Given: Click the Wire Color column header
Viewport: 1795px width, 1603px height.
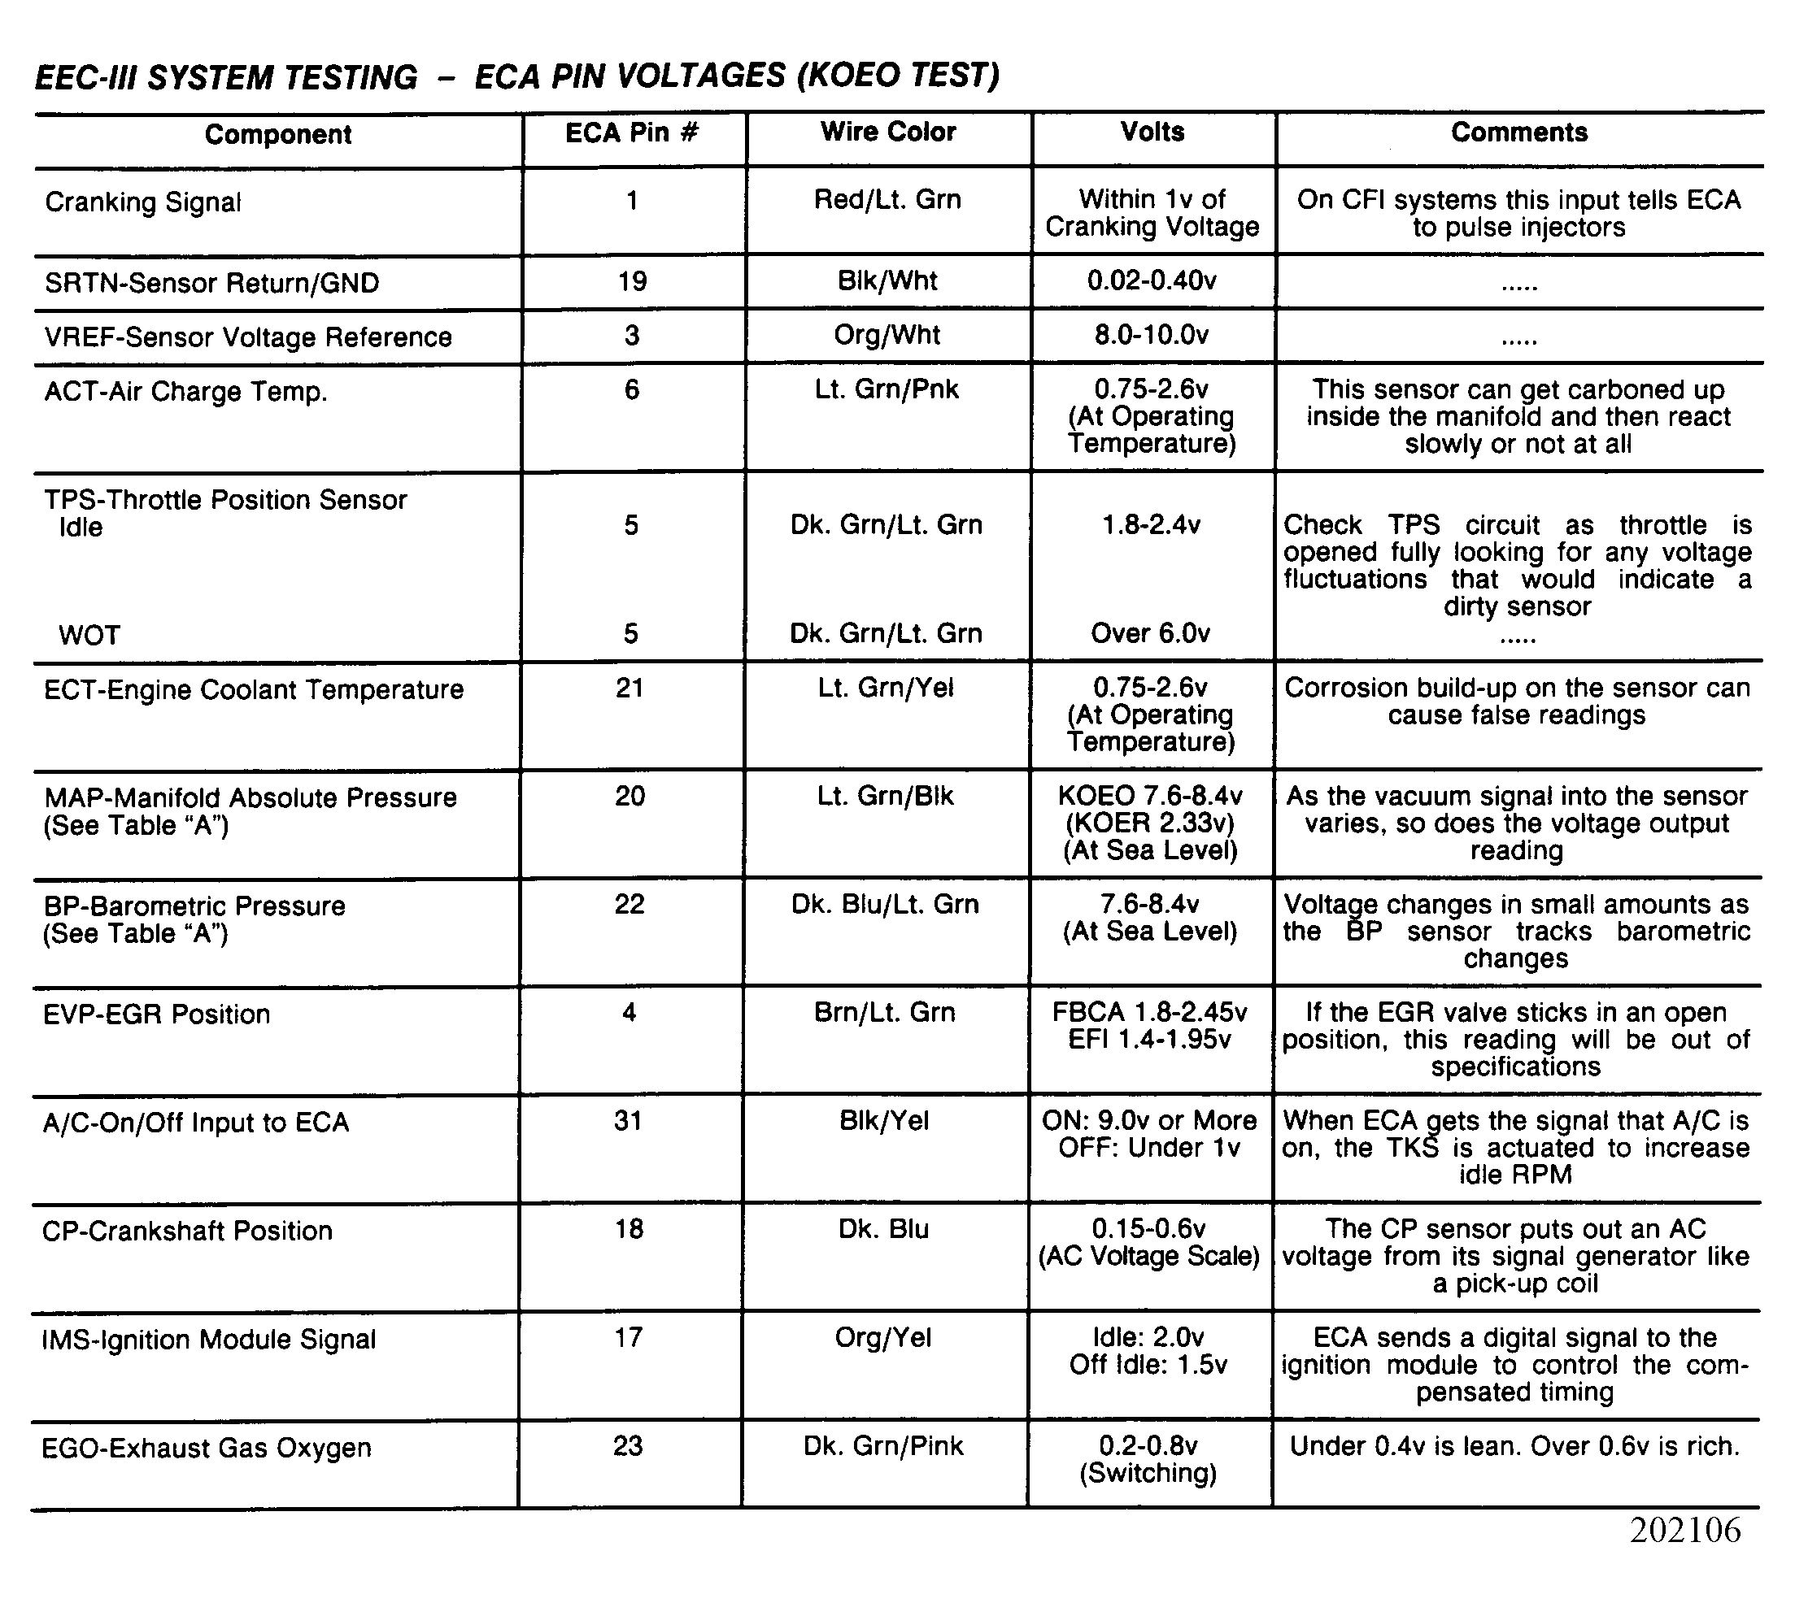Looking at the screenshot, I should coord(888,132).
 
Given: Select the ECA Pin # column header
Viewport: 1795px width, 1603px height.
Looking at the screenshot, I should coord(632,133).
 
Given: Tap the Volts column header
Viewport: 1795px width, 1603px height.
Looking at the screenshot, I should coord(1152,132).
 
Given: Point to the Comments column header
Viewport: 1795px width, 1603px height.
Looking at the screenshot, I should coord(1519,132).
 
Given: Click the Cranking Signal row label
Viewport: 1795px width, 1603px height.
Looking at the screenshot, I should coord(143,202).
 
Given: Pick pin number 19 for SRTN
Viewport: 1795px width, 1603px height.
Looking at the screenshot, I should coord(633,282).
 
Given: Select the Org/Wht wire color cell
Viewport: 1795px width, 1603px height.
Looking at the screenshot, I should coord(887,336).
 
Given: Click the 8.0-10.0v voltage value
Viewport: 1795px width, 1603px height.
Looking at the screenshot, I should coord(1152,336).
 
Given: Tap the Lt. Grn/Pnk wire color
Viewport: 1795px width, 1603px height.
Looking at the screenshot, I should coord(887,389).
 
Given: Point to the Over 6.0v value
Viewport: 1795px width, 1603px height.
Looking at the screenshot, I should coord(1151,633).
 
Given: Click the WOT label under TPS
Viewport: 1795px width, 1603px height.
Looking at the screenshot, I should coord(89,635).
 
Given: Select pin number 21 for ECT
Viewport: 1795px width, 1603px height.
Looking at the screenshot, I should coord(630,688).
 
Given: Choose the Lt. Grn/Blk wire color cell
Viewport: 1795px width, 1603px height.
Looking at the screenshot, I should coord(886,796).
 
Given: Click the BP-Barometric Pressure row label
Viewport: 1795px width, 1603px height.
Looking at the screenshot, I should coord(194,906).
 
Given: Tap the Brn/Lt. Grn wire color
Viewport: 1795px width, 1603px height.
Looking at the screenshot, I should coord(885,1013).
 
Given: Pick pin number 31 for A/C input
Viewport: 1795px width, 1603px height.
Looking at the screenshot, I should coord(629,1121).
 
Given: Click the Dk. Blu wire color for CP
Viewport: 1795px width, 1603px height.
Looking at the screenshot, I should coord(884,1230).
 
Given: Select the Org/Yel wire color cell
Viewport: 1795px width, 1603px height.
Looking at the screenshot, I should coord(883,1338).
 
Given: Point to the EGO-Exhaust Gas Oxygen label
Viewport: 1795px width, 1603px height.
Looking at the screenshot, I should coord(207,1448).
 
